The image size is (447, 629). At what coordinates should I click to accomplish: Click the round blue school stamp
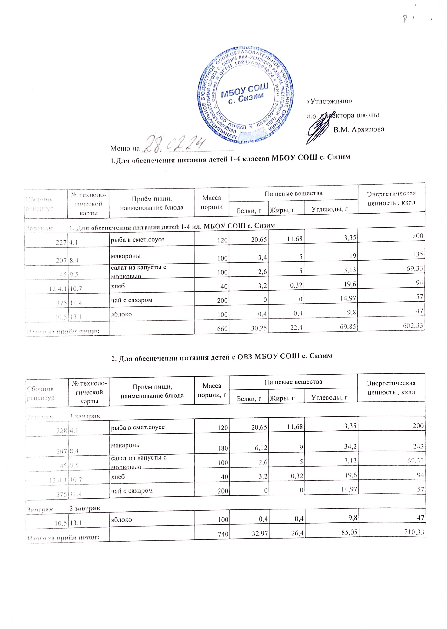(246, 95)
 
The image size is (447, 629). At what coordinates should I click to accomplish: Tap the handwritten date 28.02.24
(176, 143)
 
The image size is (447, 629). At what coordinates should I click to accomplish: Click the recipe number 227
(61, 242)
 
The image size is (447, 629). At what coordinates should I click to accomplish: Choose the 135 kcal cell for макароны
(418, 254)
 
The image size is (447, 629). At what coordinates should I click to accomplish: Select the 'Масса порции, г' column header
(212, 391)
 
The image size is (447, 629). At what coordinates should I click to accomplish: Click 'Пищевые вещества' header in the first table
(293, 193)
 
